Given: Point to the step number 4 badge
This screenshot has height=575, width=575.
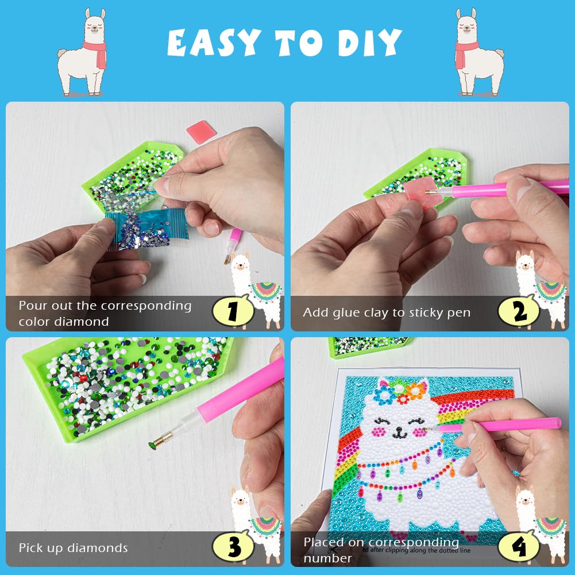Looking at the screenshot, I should [x=519, y=546].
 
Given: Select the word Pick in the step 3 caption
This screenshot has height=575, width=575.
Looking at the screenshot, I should [x=30, y=548].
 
